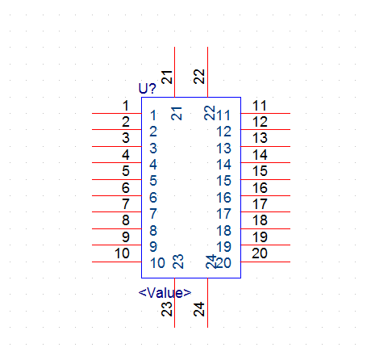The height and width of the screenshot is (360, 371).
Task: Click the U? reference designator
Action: [147, 88]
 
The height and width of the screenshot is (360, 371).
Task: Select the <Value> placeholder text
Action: [165, 293]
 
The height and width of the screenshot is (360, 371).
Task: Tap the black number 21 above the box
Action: [167, 77]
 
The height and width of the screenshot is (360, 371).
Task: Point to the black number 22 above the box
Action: [199, 77]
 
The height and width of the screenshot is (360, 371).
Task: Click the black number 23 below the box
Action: [167, 309]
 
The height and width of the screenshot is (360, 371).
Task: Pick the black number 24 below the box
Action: [199, 309]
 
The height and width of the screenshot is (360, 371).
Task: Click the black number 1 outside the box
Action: [126, 106]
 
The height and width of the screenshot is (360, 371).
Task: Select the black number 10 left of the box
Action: [123, 253]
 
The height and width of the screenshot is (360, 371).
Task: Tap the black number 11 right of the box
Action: [260, 106]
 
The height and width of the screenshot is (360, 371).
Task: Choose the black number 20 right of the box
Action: [260, 253]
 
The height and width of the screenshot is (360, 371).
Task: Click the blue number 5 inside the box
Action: [153, 181]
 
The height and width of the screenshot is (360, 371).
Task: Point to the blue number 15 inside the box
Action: [224, 181]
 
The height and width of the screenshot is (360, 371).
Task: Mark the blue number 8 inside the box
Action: [153, 231]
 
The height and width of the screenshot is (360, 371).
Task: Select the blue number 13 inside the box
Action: [224, 149]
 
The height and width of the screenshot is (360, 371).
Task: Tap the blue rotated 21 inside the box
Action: [177, 114]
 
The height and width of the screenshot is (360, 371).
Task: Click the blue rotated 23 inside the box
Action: [178, 262]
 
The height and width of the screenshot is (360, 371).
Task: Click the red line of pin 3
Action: [117, 146]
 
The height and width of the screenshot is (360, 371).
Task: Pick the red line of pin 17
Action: [265, 212]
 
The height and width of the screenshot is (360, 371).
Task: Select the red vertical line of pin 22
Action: [207, 72]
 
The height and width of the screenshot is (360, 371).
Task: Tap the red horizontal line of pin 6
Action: [117, 195]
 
